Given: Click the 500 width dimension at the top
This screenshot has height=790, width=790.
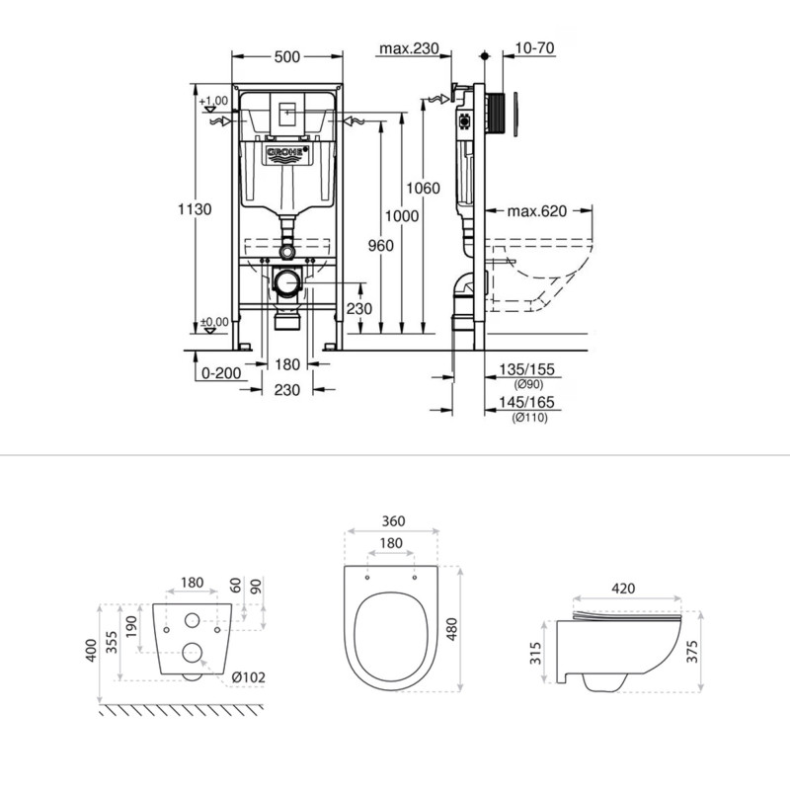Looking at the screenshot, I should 287,56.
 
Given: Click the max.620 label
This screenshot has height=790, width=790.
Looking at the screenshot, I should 538,211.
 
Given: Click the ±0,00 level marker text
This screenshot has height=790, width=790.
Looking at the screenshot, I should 213,322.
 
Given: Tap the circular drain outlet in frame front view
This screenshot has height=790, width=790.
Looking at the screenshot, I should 287,282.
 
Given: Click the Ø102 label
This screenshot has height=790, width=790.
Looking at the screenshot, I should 253,677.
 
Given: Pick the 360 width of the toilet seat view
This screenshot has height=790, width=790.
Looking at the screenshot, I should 392,521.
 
